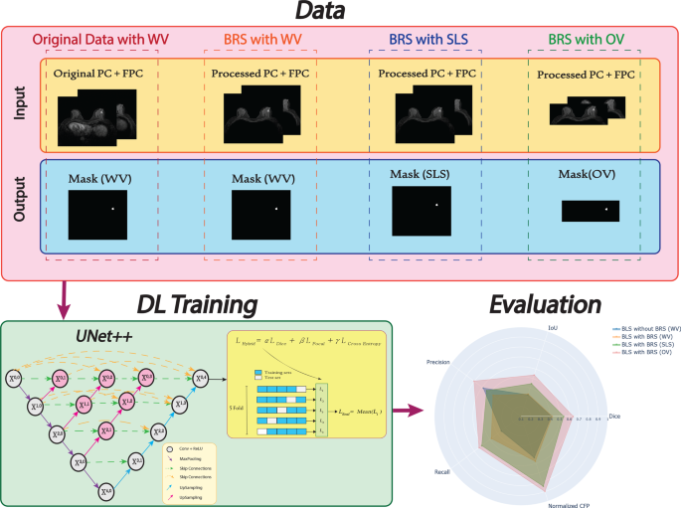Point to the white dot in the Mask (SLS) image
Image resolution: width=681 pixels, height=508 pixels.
tap(435, 206)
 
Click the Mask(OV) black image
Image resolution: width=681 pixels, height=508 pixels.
tap(590, 211)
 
